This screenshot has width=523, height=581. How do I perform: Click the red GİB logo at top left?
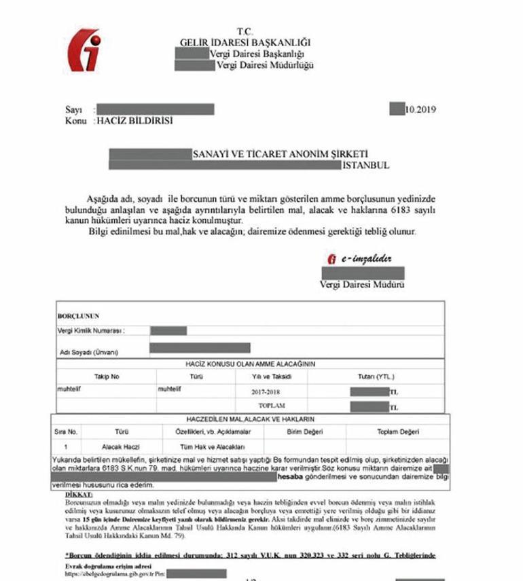coord(86,49)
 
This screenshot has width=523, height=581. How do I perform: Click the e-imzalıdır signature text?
coord(359,258)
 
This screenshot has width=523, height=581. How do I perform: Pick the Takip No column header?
coord(107,376)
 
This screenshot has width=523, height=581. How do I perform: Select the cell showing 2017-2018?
coord(263,392)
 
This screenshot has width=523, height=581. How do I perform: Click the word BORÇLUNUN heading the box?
coord(79,316)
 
